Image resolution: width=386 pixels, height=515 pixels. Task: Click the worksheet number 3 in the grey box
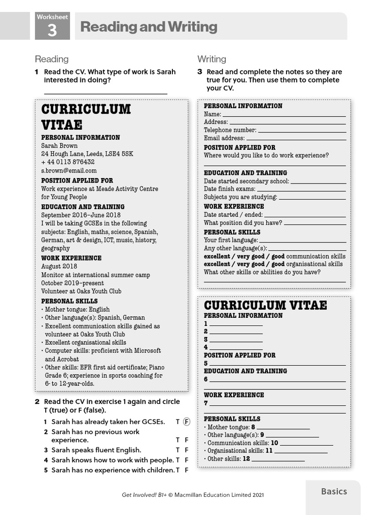[52, 31]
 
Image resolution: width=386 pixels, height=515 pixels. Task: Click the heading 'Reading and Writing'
[149, 27]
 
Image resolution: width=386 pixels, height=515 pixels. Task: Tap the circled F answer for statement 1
[186, 421]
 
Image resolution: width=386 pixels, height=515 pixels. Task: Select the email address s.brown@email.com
[69, 170]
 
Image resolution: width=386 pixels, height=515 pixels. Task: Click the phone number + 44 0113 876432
[68, 162]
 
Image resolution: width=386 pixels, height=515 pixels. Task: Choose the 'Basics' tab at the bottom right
[334, 491]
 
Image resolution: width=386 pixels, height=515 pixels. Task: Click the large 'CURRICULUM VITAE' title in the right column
[265, 305]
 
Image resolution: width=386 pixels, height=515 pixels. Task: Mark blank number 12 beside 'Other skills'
[278, 460]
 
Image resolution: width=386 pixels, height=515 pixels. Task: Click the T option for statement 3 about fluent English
[177, 450]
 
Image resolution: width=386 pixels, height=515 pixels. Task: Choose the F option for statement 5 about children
[186, 470]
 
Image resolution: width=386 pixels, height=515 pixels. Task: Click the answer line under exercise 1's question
[106, 93]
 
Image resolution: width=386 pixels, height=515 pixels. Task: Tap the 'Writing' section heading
[212, 59]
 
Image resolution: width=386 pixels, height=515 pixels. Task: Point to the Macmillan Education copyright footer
[192, 495]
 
